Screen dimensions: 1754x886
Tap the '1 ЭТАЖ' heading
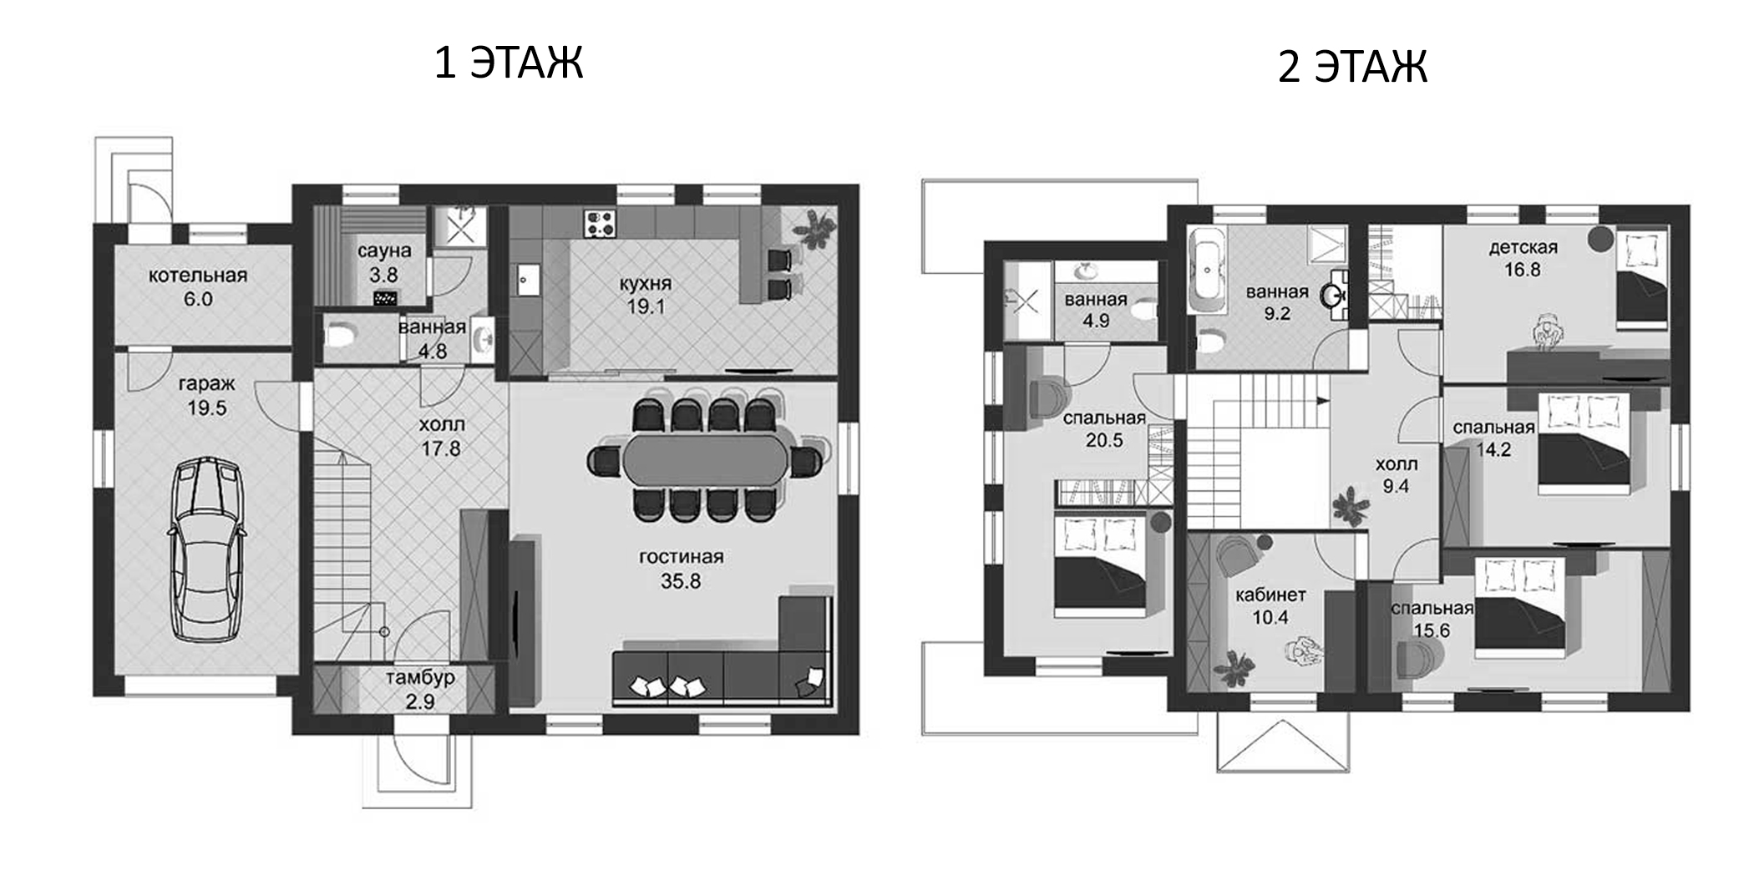(x=508, y=63)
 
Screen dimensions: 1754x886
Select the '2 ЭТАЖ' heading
(x=1352, y=67)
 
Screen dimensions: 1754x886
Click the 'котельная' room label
(x=198, y=275)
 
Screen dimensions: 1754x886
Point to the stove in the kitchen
(x=600, y=223)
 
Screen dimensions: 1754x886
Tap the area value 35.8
(x=681, y=581)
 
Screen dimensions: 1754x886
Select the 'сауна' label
(x=384, y=251)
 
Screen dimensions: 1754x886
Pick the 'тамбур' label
(x=420, y=677)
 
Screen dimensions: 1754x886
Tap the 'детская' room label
(x=1523, y=247)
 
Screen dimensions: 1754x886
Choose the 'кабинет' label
(x=1270, y=595)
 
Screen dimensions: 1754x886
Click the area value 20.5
(x=1104, y=440)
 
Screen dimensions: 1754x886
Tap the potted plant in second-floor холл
(x=1350, y=507)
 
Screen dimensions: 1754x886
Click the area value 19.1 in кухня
(x=646, y=306)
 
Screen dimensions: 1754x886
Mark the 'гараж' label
(x=207, y=384)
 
